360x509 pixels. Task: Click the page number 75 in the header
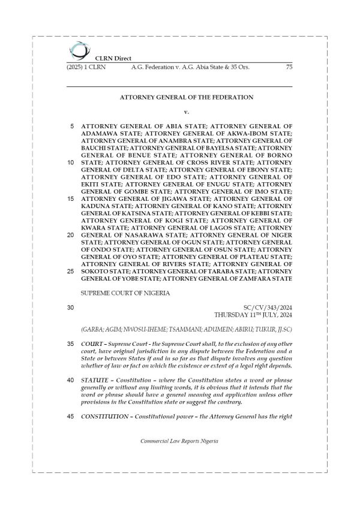(x=289, y=68)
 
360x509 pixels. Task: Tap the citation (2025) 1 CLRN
(x=83, y=68)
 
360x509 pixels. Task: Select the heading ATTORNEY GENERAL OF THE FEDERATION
(x=187, y=97)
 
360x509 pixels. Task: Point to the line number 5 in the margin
(x=72, y=127)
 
